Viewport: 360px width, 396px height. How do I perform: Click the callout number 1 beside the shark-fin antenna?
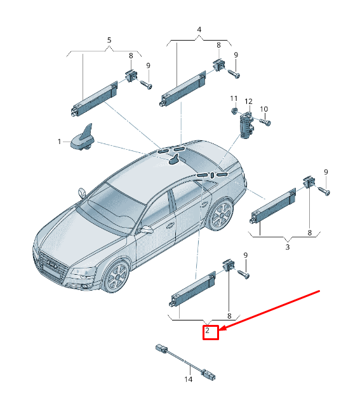(59, 142)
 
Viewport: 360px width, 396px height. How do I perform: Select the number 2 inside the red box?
(208, 331)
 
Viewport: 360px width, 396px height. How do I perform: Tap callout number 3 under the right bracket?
(288, 247)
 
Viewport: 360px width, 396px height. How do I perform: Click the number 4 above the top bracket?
(199, 30)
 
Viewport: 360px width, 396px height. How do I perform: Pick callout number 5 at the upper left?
(109, 40)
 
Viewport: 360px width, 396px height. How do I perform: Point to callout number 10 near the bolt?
(263, 109)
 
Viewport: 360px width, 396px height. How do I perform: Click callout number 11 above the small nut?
(234, 98)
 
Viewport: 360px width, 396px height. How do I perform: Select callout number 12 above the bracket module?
(249, 102)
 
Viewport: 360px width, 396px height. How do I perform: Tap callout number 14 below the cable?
(188, 379)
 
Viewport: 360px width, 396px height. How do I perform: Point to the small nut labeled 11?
(234, 110)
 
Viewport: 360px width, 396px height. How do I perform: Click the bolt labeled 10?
(265, 122)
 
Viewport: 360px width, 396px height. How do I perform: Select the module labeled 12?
(246, 126)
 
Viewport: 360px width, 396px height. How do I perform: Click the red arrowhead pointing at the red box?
(223, 328)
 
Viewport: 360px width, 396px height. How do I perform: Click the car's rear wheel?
(220, 214)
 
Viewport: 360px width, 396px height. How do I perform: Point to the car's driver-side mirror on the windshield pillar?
(82, 193)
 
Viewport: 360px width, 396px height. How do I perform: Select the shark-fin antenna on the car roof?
(175, 160)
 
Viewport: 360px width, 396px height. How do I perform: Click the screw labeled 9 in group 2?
(244, 274)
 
